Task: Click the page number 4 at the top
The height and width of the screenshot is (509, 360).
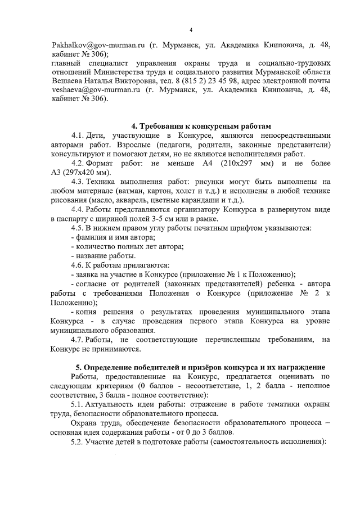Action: coord(191,30)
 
